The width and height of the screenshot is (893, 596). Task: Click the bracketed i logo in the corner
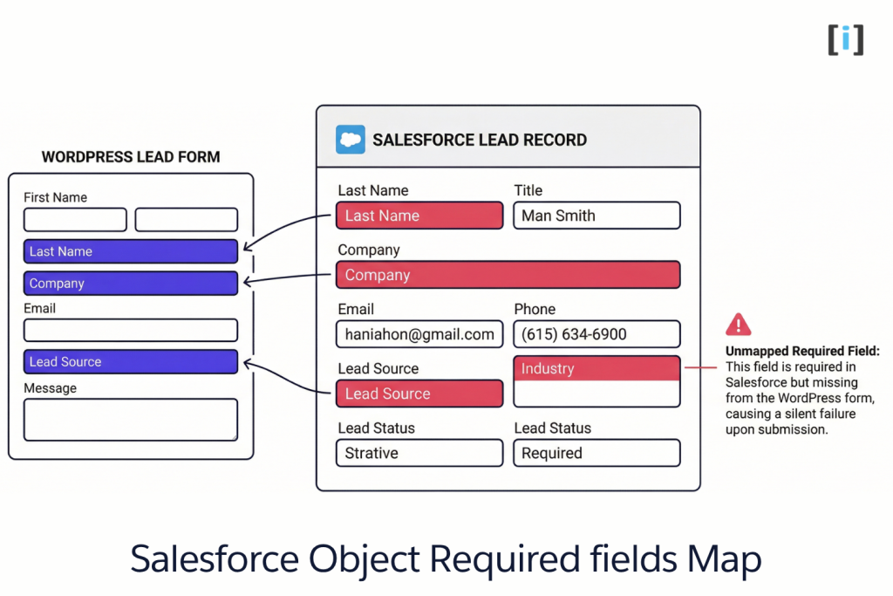click(x=845, y=39)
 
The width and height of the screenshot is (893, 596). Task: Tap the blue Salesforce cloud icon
click(x=351, y=140)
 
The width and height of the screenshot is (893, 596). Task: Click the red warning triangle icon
click(x=738, y=325)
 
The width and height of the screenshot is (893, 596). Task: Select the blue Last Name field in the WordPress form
click(x=131, y=251)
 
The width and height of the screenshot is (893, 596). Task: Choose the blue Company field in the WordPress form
click(x=131, y=284)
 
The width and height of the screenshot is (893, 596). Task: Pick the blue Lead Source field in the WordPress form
click(x=131, y=362)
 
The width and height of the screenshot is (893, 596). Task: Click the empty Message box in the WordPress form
click(x=131, y=420)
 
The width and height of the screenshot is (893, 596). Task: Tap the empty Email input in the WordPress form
click(x=131, y=330)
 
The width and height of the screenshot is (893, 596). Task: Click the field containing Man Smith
click(x=596, y=216)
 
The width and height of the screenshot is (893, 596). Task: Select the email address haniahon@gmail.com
click(x=419, y=334)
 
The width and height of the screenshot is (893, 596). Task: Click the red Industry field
click(x=596, y=369)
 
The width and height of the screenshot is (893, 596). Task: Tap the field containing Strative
click(x=419, y=453)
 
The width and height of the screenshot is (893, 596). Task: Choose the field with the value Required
click(x=596, y=453)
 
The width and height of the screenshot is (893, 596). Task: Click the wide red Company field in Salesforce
click(x=508, y=275)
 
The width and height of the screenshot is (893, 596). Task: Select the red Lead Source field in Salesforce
click(x=419, y=394)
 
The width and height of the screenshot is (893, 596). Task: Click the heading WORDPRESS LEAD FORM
click(x=131, y=157)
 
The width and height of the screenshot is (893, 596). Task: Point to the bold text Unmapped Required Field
click(x=802, y=351)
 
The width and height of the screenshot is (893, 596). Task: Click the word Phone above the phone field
click(x=535, y=309)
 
